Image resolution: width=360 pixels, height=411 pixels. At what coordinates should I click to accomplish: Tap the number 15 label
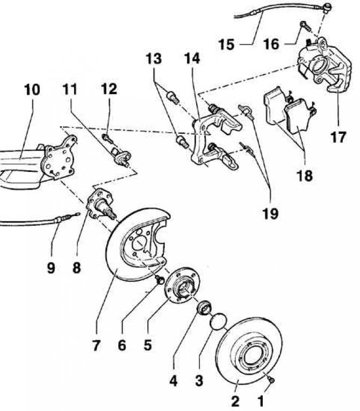[227, 44]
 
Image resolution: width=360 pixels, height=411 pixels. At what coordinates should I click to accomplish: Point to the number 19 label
[271, 214]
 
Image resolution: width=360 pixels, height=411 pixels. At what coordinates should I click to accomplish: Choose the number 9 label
[51, 267]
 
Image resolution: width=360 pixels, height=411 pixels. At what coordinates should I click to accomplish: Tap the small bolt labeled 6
[159, 279]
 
